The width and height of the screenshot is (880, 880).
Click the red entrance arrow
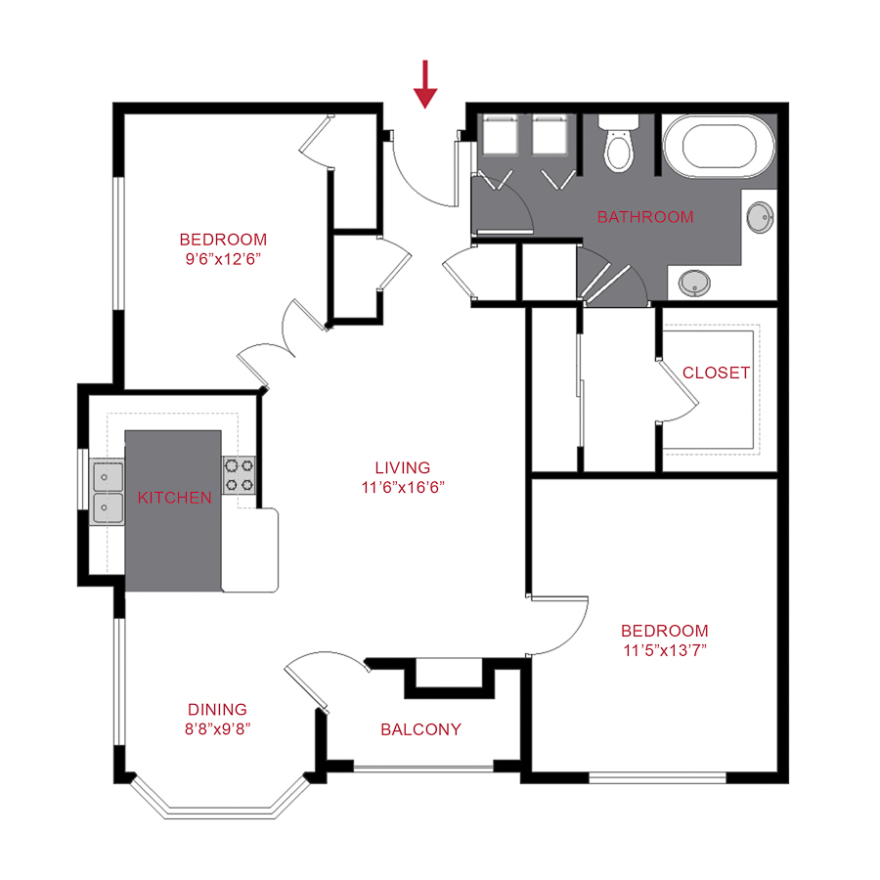[x=424, y=83]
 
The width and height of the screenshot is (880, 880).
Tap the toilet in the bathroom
[x=618, y=145]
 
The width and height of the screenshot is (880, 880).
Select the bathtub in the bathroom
[x=719, y=148]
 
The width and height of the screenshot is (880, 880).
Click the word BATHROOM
[x=645, y=217]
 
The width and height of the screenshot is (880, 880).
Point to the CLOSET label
[x=716, y=373]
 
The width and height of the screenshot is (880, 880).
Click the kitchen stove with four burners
[x=240, y=475]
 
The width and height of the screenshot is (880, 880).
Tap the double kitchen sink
[x=107, y=493]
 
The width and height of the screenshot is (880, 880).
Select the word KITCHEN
[x=174, y=498]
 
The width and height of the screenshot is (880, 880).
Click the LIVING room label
[x=402, y=468]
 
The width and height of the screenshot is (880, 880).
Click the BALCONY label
[x=420, y=729]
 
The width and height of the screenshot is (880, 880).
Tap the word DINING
[x=217, y=709]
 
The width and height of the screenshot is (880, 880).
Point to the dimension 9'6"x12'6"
[x=222, y=259]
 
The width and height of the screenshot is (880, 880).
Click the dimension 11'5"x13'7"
[x=664, y=650]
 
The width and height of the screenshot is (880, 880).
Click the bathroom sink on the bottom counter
[x=694, y=284]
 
